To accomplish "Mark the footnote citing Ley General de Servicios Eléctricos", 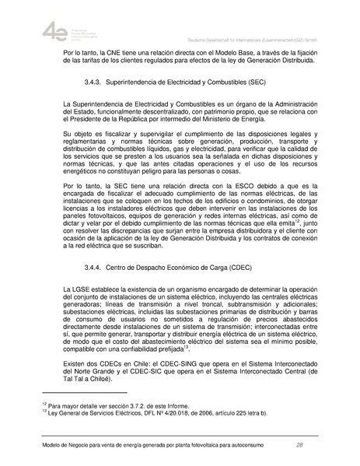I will tap(156, 412).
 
